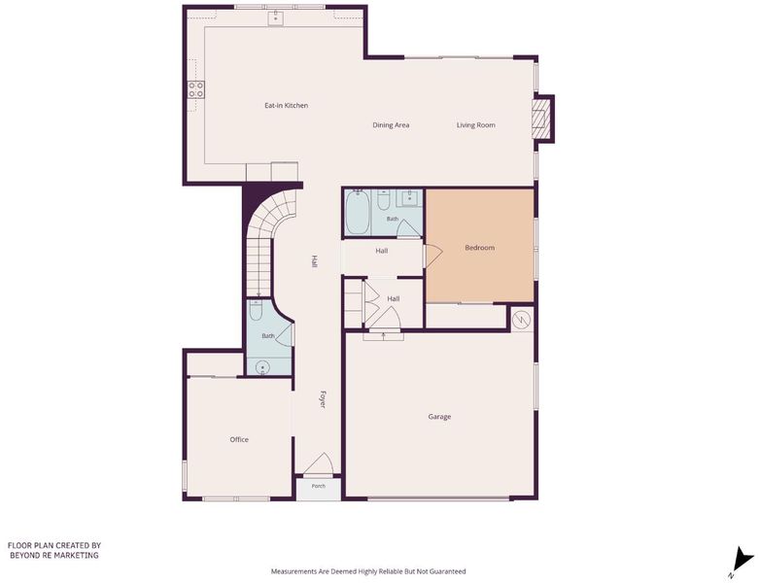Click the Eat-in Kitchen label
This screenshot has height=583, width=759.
(x=286, y=106)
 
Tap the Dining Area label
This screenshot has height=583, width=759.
(x=391, y=125)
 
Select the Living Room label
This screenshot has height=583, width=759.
(x=476, y=125)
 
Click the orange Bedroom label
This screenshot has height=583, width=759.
(x=480, y=248)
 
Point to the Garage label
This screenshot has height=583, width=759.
(x=439, y=417)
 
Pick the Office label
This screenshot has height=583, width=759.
(x=239, y=439)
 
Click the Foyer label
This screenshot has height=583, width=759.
(x=323, y=399)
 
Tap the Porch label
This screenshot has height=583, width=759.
(x=319, y=486)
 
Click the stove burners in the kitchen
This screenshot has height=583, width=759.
(x=196, y=89)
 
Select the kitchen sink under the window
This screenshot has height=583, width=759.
(x=276, y=17)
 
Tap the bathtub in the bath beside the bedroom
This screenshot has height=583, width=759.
(x=358, y=213)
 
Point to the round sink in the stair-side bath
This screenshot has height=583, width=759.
(x=262, y=367)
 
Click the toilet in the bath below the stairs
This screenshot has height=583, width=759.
(x=256, y=311)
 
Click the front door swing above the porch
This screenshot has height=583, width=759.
(x=320, y=464)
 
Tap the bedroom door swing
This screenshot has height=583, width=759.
(x=433, y=255)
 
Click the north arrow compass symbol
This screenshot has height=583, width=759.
(x=742, y=562)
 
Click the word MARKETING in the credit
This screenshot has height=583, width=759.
(x=75, y=556)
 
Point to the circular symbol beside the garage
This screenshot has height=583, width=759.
(x=523, y=320)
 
